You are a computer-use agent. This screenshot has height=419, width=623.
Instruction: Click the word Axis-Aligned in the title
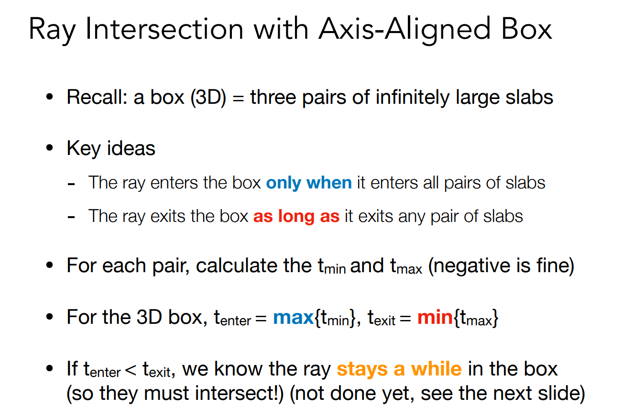(404, 29)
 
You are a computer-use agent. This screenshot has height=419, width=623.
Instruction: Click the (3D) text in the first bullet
(208, 98)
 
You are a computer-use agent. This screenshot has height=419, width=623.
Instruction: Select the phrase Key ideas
(111, 148)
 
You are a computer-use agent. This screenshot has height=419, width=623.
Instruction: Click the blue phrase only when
(309, 183)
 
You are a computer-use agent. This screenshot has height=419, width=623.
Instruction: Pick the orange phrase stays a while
(399, 369)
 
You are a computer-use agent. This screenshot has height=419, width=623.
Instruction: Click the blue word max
(294, 317)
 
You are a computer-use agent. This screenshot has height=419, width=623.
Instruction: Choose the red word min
(435, 317)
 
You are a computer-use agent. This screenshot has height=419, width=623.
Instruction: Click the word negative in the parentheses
(472, 265)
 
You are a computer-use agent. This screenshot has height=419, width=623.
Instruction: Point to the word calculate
(237, 265)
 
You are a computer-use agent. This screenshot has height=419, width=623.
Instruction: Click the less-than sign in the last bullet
(131, 371)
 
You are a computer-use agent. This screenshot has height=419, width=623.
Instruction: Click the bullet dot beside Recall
(50, 97)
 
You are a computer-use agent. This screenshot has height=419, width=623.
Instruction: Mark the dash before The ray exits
(71, 217)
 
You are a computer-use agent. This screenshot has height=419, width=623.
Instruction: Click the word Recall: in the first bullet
(97, 97)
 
